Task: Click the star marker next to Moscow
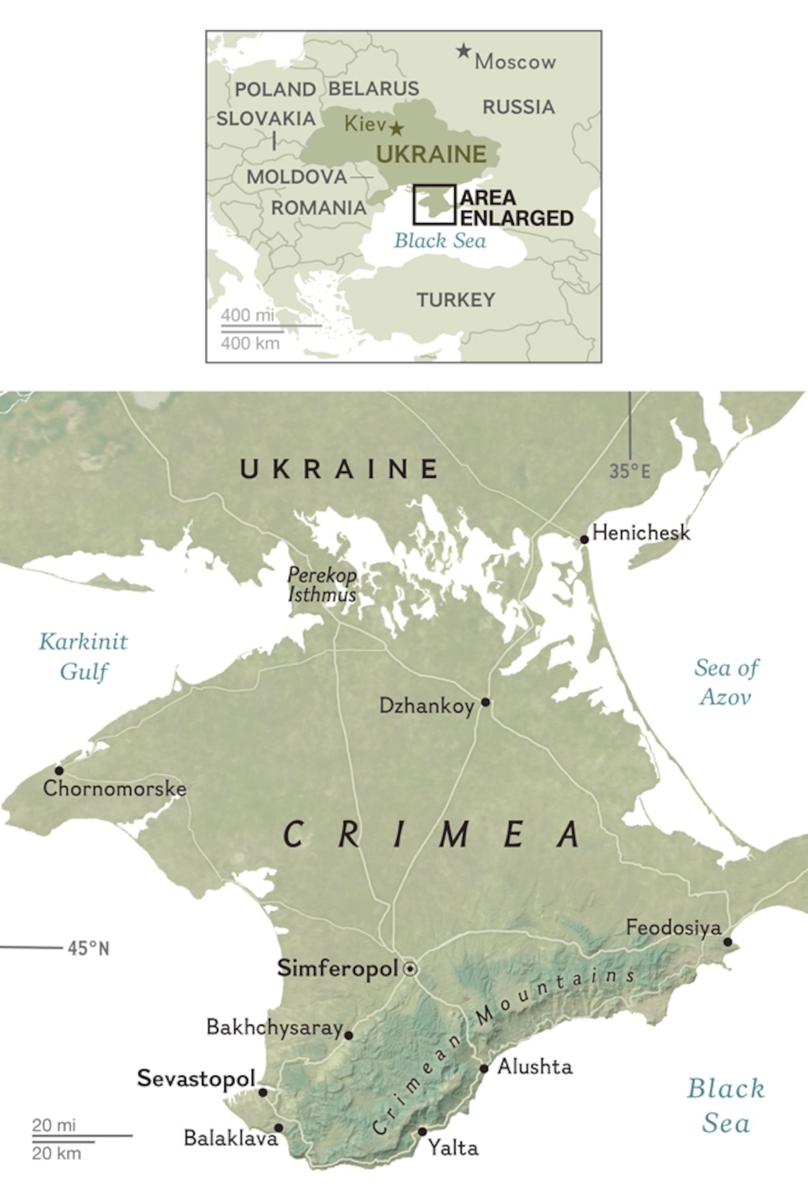pos(463,51)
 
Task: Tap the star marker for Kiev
pos(396,128)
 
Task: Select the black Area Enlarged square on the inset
pos(434,205)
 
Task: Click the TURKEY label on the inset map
pos(455,300)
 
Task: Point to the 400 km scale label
pos(250,343)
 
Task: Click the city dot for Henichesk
pos(584,539)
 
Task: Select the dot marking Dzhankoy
pos(485,702)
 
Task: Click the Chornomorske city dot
pos(59,770)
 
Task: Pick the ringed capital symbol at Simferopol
pos(410,969)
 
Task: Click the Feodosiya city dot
pos(728,942)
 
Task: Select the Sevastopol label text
pos(196,1078)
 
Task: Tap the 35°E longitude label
pos(630,471)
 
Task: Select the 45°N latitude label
pos(88,949)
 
